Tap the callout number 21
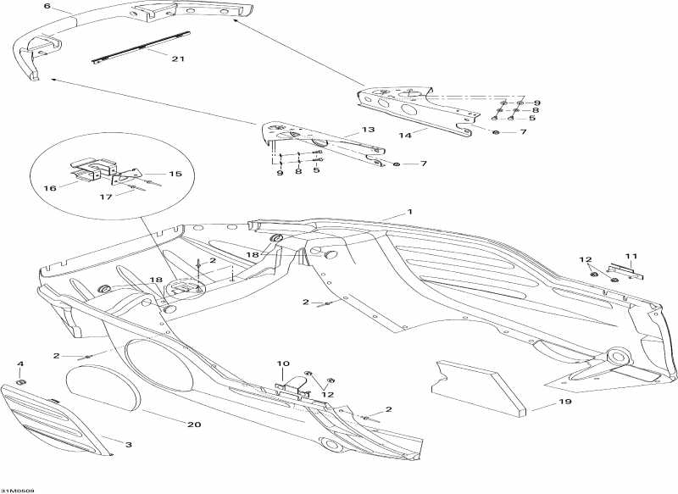coord(177,58)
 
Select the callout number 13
coord(367,130)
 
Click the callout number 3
coord(129,444)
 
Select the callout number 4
coord(21,364)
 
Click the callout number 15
coord(175,174)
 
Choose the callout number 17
coord(106,197)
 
